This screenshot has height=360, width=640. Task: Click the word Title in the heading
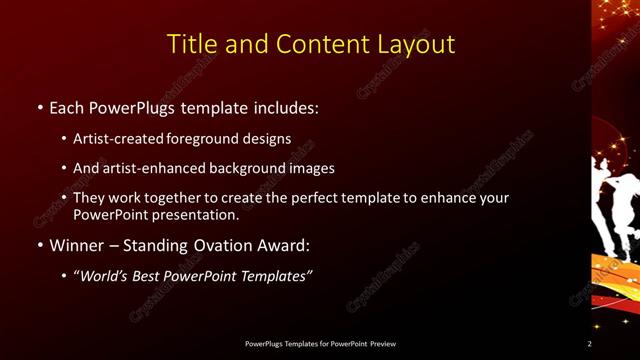188,44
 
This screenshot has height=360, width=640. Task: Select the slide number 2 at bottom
590,344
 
